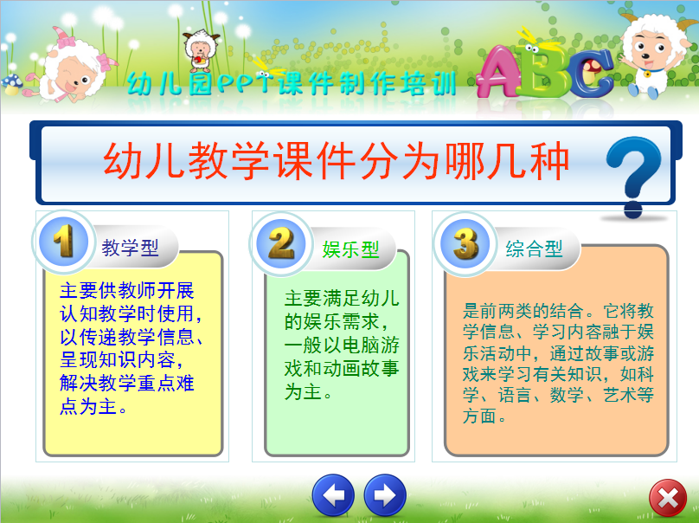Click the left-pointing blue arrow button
click(x=333, y=495)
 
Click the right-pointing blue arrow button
click(x=385, y=495)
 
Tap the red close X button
click(x=667, y=498)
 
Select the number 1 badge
click(x=63, y=242)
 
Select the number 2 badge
click(x=281, y=243)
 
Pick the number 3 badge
click(x=465, y=243)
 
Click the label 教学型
click(x=130, y=248)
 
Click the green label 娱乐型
click(x=350, y=249)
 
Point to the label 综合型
click(x=534, y=249)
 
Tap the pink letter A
click(x=498, y=71)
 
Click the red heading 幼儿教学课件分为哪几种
click(x=337, y=161)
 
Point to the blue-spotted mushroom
click(x=12, y=84)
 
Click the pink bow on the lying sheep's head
click(x=64, y=39)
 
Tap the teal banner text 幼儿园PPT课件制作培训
click(x=292, y=83)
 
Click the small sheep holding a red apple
click(x=201, y=51)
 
